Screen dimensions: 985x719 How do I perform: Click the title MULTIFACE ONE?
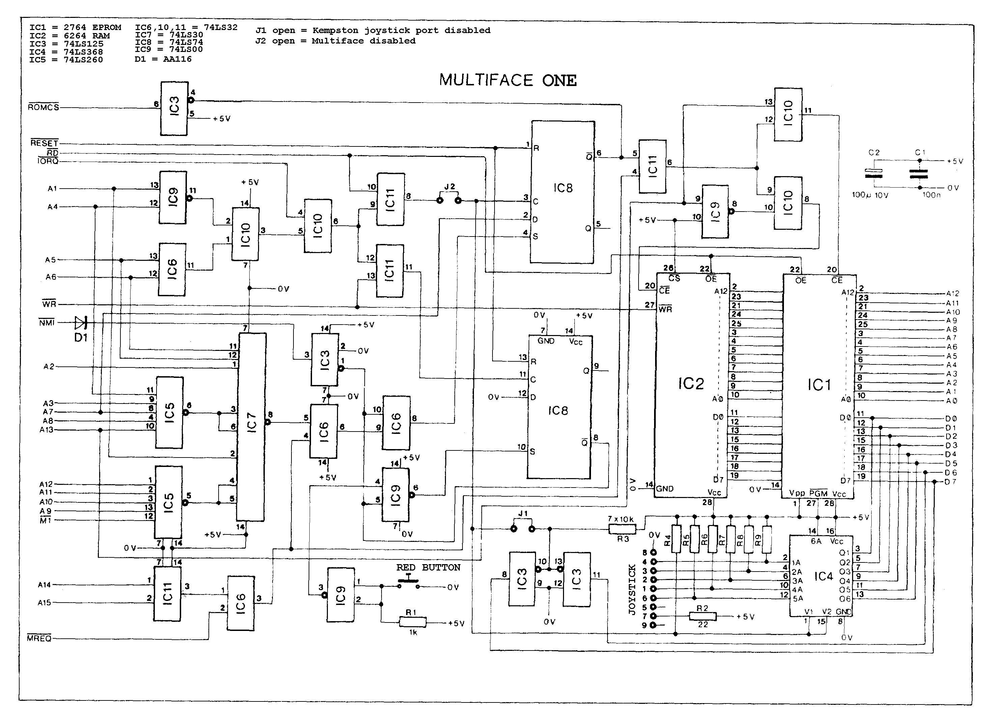point(508,80)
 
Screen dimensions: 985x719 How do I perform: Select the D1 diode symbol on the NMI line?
point(81,323)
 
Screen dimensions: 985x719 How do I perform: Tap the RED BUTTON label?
point(428,568)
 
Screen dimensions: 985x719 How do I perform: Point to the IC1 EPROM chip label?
point(819,385)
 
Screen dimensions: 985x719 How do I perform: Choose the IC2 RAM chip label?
point(691,383)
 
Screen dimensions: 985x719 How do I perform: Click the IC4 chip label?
point(823,576)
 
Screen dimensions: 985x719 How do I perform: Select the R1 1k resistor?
point(413,623)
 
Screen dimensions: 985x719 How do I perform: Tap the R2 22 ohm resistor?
point(703,616)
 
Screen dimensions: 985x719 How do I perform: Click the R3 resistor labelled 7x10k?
point(622,529)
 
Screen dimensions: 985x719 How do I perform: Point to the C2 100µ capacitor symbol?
point(874,173)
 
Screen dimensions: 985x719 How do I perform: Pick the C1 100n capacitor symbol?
point(919,174)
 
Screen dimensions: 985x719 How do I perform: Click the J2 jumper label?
point(449,187)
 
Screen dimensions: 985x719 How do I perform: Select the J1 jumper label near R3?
point(523,514)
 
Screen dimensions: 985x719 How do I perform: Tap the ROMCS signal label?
point(44,107)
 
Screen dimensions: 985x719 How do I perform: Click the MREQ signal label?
point(39,638)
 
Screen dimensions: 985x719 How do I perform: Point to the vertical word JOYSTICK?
point(632,590)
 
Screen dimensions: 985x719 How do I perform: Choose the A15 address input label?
point(45,603)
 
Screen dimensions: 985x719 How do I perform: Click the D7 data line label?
point(951,481)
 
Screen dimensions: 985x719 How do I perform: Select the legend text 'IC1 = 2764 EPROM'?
point(75,27)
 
